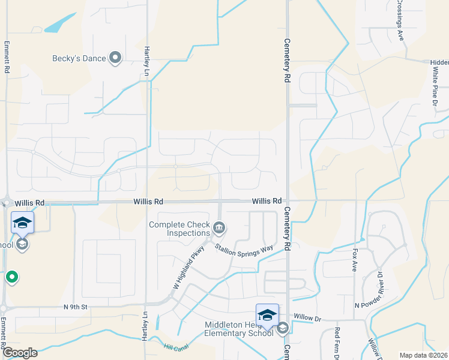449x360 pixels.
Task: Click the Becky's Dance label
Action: click(x=79, y=58)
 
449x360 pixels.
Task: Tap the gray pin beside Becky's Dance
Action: click(x=115, y=58)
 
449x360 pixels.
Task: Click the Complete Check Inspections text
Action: click(x=179, y=229)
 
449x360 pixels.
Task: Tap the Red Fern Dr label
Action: click(x=337, y=343)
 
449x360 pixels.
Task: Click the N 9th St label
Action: click(x=76, y=307)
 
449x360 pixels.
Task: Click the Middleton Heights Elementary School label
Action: click(x=239, y=329)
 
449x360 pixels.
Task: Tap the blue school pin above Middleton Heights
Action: click(x=267, y=314)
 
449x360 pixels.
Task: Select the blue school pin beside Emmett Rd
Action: click(x=22, y=223)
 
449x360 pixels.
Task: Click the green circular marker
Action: click(x=11, y=277)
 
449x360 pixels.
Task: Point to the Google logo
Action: click(x=19, y=353)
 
